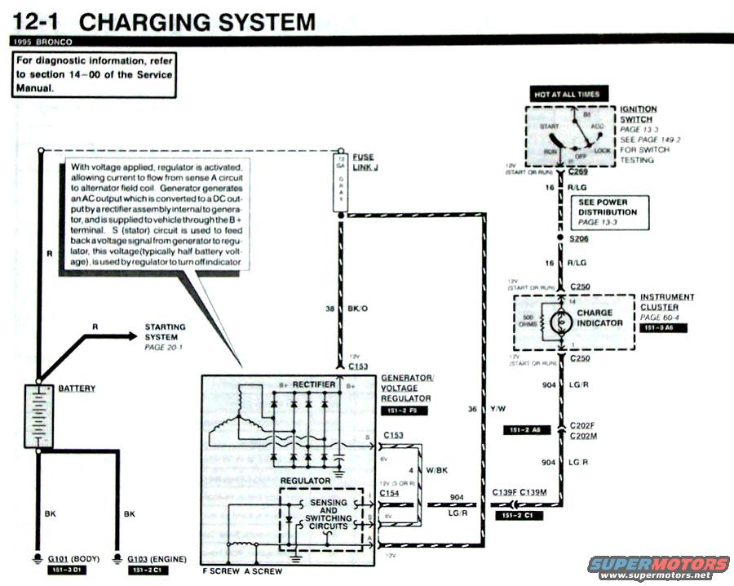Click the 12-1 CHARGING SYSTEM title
[x=163, y=22]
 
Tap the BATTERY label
[x=77, y=388]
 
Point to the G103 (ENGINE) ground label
[x=157, y=559]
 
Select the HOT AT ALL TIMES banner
[x=567, y=95]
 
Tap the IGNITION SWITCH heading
[x=638, y=114]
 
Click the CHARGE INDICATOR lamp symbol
[x=561, y=323]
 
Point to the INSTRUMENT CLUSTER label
[x=667, y=302]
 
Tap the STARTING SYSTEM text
[x=165, y=332]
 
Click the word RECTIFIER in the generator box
[x=314, y=384]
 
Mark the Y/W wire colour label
[x=499, y=409]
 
